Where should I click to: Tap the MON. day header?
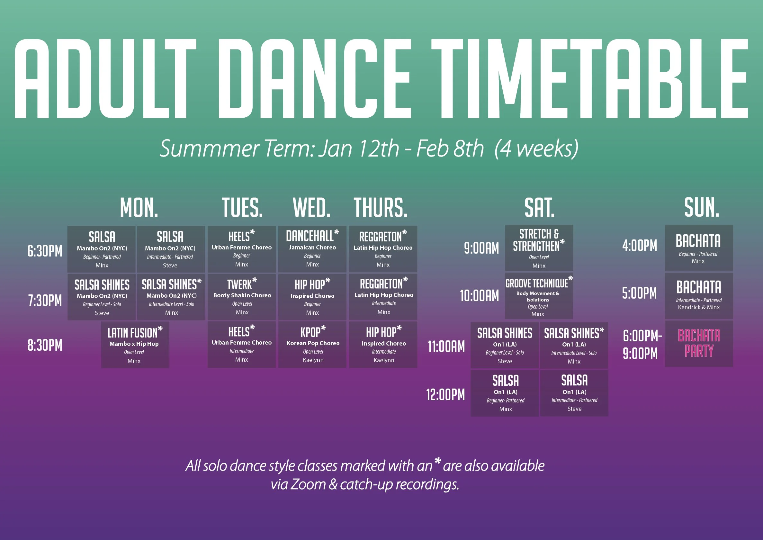click(x=139, y=208)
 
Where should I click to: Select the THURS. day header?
click(x=381, y=208)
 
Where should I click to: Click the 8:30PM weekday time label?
click(x=45, y=345)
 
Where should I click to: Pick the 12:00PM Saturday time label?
click(x=445, y=395)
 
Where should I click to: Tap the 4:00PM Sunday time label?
click(x=640, y=246)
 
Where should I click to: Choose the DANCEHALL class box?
click(x=312, y=249)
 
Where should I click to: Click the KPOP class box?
click(x=312, y=345)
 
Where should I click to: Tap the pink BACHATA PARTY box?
click(x=699, y=344)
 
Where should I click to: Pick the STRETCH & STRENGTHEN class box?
click(x=539, y=248)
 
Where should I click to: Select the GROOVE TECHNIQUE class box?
click(x=539, y=296)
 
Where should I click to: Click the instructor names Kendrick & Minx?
click(x=699, y=307)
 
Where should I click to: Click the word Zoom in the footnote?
click(x=308, y=484)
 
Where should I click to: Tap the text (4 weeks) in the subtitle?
click(x=536, y=148)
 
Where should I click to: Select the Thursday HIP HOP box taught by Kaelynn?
click(x=383, y=345)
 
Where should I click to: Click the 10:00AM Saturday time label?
click(x=479, y=295)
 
